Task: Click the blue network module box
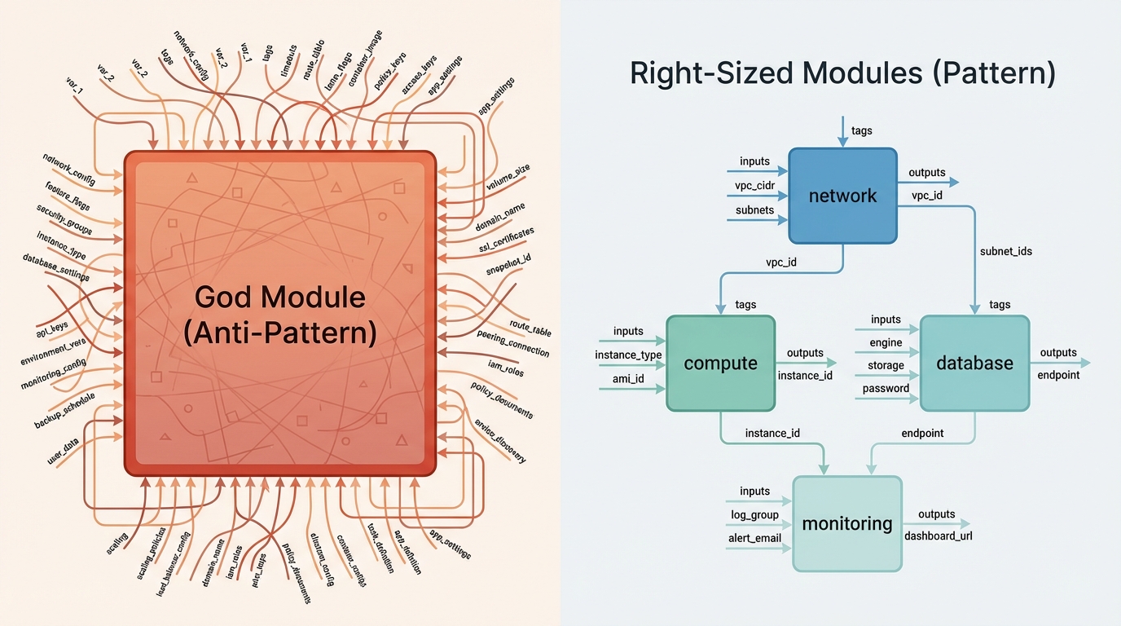pos(842,196)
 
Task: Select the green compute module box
pos(720,364)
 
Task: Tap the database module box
pos(974,364)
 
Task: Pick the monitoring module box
pos(847,523)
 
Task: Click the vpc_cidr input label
pos(754,185)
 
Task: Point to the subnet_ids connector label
pos(1005,251)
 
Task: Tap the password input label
pos(886,388)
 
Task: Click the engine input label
pos(886,342)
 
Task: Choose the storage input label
pos(886,365)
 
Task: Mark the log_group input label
pos(754,514)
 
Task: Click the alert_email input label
pos(754,538)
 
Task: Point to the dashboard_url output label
pos(939,536)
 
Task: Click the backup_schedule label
pos(64,411)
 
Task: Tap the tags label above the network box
pos(862,130)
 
